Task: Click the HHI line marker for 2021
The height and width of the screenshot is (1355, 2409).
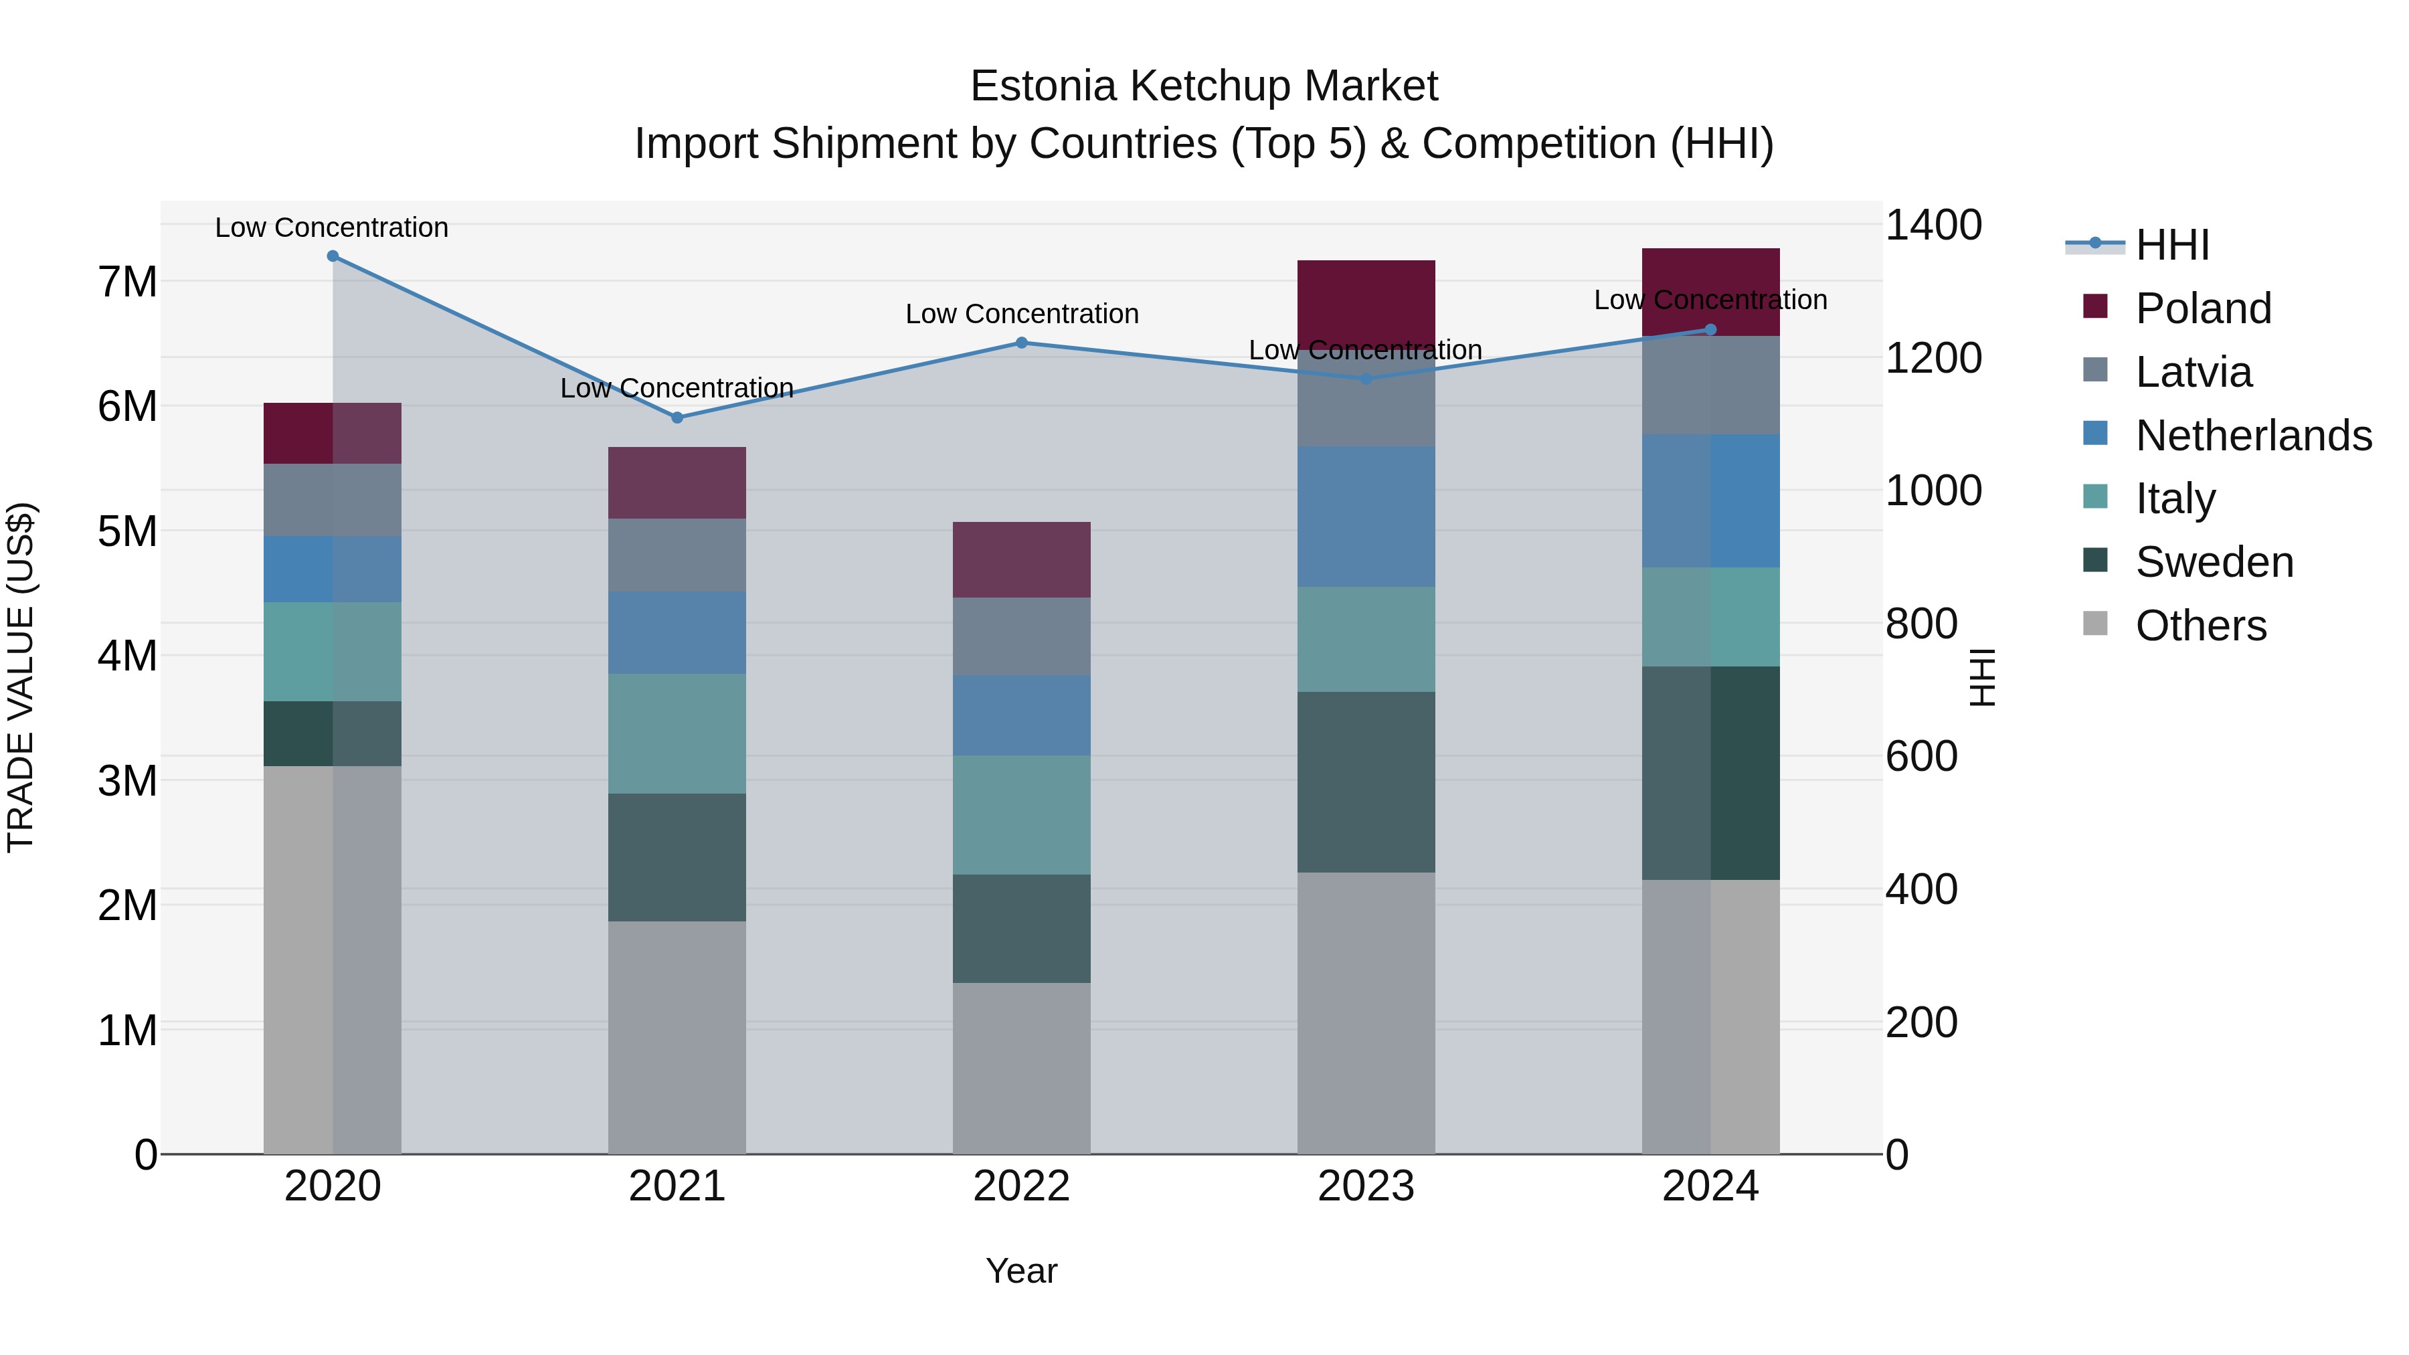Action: tap(677, 418)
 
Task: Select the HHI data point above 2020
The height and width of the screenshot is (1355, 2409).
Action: tap(333, 256)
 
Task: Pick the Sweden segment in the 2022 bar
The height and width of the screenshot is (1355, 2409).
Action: tap(1021, 929)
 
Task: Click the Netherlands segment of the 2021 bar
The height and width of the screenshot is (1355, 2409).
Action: tap(677, 632)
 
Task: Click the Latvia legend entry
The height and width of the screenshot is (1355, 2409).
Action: tap(2193, 372)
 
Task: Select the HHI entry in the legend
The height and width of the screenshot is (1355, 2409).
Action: tap(2171, 245)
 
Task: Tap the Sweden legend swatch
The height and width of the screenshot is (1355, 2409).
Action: tap(2096, 561)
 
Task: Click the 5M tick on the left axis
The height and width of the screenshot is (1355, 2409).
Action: tap(127, 531)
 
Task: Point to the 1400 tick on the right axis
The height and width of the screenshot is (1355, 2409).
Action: tap(1932, 225)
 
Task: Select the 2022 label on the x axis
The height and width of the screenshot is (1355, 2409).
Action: tap(1021, 1186)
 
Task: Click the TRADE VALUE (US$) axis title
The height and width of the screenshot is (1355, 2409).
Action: tap(21, 677)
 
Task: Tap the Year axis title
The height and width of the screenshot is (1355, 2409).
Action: tap(1021, 1271)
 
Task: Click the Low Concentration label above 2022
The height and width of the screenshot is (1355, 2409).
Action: tap(1021, 314)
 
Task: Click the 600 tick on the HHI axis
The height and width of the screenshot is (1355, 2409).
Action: tap(1921, 757)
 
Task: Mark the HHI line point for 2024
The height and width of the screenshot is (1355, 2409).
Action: tap(1710, 329)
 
